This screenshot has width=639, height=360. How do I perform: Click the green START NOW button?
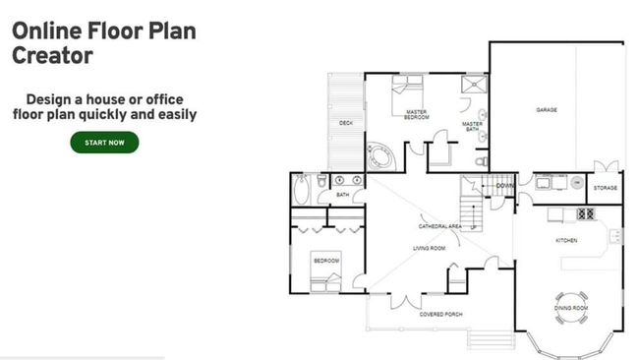(x=104, y=143)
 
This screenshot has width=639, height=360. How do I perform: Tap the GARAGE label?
(x=547, y=110)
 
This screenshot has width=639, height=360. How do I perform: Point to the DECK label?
(x=346, y=123)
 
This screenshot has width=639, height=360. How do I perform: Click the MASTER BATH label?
(x=471, y=125)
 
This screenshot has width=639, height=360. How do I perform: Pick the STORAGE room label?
(x=605, y=187)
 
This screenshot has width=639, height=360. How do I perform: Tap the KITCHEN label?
(x=565, y=240)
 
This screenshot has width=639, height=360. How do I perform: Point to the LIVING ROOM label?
(x=429, y=249)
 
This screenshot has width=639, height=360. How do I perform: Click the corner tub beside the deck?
(x=378, y=155)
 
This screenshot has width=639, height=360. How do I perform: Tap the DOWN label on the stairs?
(x=504, y=186)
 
